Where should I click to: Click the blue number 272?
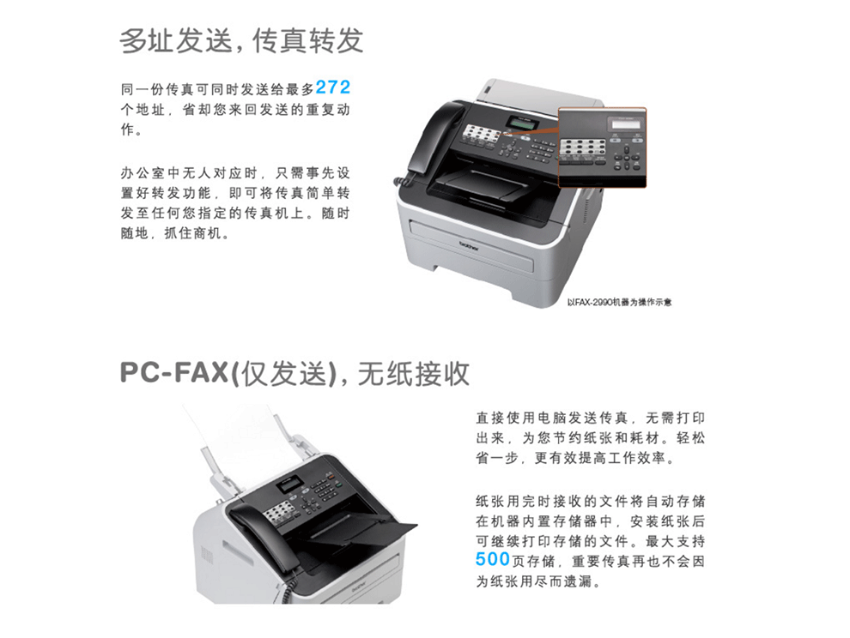click(x=333, y=87)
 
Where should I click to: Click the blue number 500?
click(x=493, y=559)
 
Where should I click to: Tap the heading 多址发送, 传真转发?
click(x=241, y=41)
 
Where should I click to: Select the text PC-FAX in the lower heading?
click(x=173, y=373)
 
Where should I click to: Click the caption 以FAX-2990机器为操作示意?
click(x=619, y=302)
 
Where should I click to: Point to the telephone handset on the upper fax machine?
click(x=433, y=135)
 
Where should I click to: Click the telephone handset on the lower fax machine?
click(x=260, y=533)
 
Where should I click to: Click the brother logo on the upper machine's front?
click(x=469, y=247)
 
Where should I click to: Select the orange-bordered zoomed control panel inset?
click(x=602, y=147)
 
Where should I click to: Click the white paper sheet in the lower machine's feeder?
click(x=239, y=433)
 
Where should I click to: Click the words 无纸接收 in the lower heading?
click(x=413, y=373)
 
